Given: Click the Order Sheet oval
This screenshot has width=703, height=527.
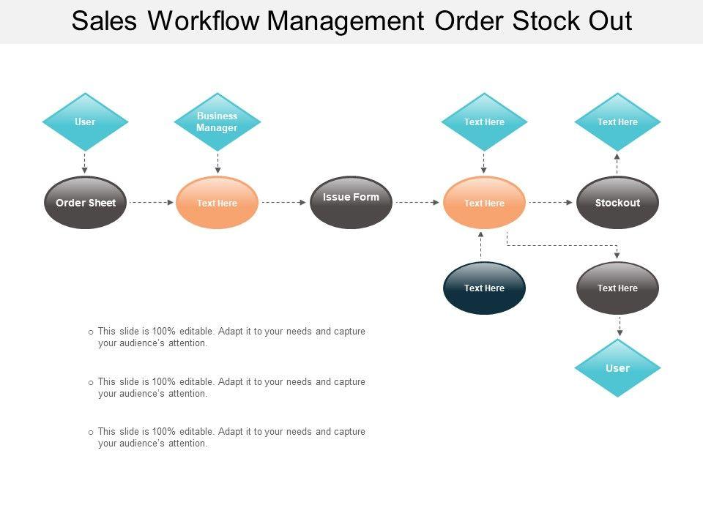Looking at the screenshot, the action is coord(85,203).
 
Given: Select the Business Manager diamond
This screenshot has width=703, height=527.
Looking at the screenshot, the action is coord(217,122).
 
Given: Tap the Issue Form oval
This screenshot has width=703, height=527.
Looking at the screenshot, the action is coord(351,203).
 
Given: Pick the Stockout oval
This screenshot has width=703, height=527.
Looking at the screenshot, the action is coord(617,203).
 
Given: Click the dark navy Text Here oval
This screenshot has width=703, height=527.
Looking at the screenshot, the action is coord(484,288).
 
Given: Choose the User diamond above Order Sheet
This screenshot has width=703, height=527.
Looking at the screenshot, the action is coord(85,122).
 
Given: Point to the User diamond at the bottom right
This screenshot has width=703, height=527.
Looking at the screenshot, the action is coord(617,368).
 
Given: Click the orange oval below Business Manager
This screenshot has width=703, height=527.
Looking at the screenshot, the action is coord(217,203).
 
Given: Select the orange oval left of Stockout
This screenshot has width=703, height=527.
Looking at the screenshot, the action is coord(484,203).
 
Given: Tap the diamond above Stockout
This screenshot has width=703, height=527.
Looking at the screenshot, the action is coord(617,122).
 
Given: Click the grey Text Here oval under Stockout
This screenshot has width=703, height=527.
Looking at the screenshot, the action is coord(617,288).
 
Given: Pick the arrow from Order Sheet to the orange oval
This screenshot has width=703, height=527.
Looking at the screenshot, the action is coord(151,203).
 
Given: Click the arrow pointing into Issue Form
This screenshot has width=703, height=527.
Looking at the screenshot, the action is coord(284,203).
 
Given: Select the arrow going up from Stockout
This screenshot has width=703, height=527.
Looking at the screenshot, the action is coord(617,163).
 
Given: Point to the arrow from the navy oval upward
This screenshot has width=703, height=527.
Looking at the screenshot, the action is coord(481,245).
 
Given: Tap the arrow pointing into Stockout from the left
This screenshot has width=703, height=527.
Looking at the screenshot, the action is coord(551,203).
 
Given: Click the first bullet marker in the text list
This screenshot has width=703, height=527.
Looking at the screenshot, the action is coord(91,332).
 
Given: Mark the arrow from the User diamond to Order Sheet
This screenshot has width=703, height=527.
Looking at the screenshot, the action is coord(84,163).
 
